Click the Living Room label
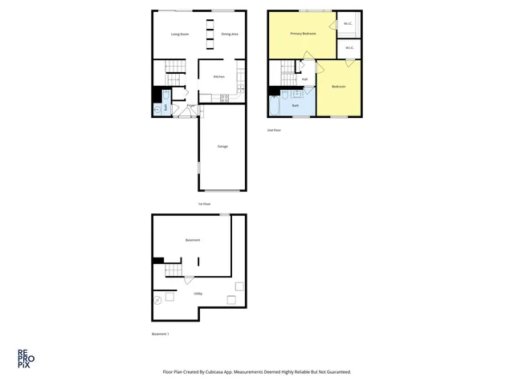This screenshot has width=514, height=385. tap(180, 34)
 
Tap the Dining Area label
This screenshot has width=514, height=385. tap(230, 34)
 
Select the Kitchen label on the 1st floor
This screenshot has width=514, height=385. tap(218, 77)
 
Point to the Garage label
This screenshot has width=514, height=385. tap(222, 146)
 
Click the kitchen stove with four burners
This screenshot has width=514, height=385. tap(224, 99)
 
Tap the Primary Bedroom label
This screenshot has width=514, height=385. tap(303, 34)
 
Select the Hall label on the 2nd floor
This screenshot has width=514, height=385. tap(304, 79)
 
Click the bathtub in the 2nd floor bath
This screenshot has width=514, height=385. tap(275, 105)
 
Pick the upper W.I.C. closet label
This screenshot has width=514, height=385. tap(348, 23)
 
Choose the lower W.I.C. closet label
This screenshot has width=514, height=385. tap(350, 48)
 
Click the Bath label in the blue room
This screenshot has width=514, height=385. tap(296, 105)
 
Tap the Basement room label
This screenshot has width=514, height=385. tap(192, 240)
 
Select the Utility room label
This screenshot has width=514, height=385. tap(198, 294)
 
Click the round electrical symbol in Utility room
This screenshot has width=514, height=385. tap(157, 300)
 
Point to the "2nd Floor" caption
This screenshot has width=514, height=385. tap(275, 130)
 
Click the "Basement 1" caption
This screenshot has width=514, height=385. tap(161, 334)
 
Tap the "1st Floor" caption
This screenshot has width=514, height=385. tap(204, 204)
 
